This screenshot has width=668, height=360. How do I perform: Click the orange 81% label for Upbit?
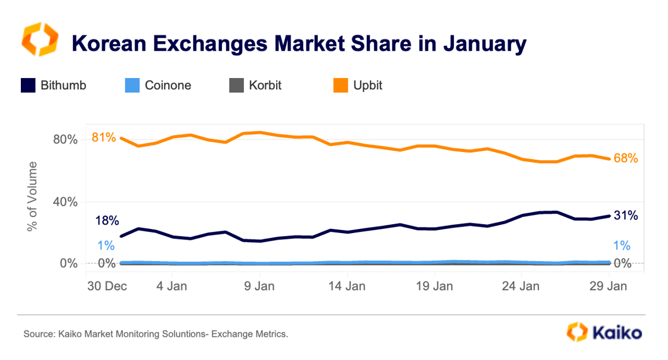pyautogui.click(x=103, y=138)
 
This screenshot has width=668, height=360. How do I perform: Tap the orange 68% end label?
pyautogui.click(x=626, y=159)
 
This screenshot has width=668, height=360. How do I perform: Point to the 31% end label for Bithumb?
pyautogui.click(x=626, y=216)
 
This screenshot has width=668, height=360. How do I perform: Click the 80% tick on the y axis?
pyautogui.click(x=65, y=140)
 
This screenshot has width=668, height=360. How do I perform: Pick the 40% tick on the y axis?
pyautogui.click(x=65, y=202)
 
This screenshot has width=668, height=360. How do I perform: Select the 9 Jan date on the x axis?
pyautogui.click(x=260, y=285)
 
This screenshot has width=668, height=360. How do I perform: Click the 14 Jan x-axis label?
pyautogui.click(x=347, y=285)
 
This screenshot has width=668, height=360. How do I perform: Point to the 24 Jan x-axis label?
pyautogui.click(x=521, y=285)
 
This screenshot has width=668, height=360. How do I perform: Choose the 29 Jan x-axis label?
pyautogui.click(x=608, y=285)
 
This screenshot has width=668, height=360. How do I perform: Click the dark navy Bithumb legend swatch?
pyautogui.click(x=28, y=85)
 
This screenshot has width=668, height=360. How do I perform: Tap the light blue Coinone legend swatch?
pyautogui.click(x=132, y=85)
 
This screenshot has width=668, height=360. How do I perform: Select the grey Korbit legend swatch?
pyautogui.click(x=237, y=85)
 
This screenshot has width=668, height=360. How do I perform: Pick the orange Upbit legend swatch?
pyautogui.click(x=341, y=85)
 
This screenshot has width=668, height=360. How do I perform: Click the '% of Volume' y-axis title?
pyautogui.click(x=32, y=196)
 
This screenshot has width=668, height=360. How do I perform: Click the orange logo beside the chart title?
pyautogui.click(x=39, y=40)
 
